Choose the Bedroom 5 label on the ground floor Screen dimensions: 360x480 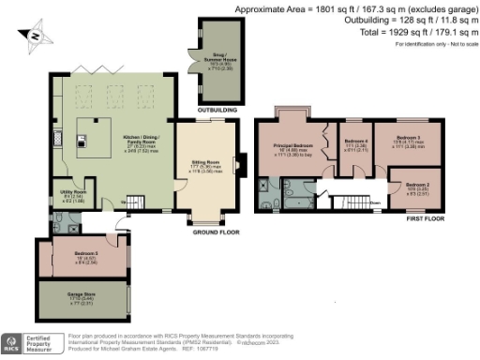click(x=83, y=254)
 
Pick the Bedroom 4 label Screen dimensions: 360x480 click(x=354, y=142)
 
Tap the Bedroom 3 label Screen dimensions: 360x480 click(x=413, y=138)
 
